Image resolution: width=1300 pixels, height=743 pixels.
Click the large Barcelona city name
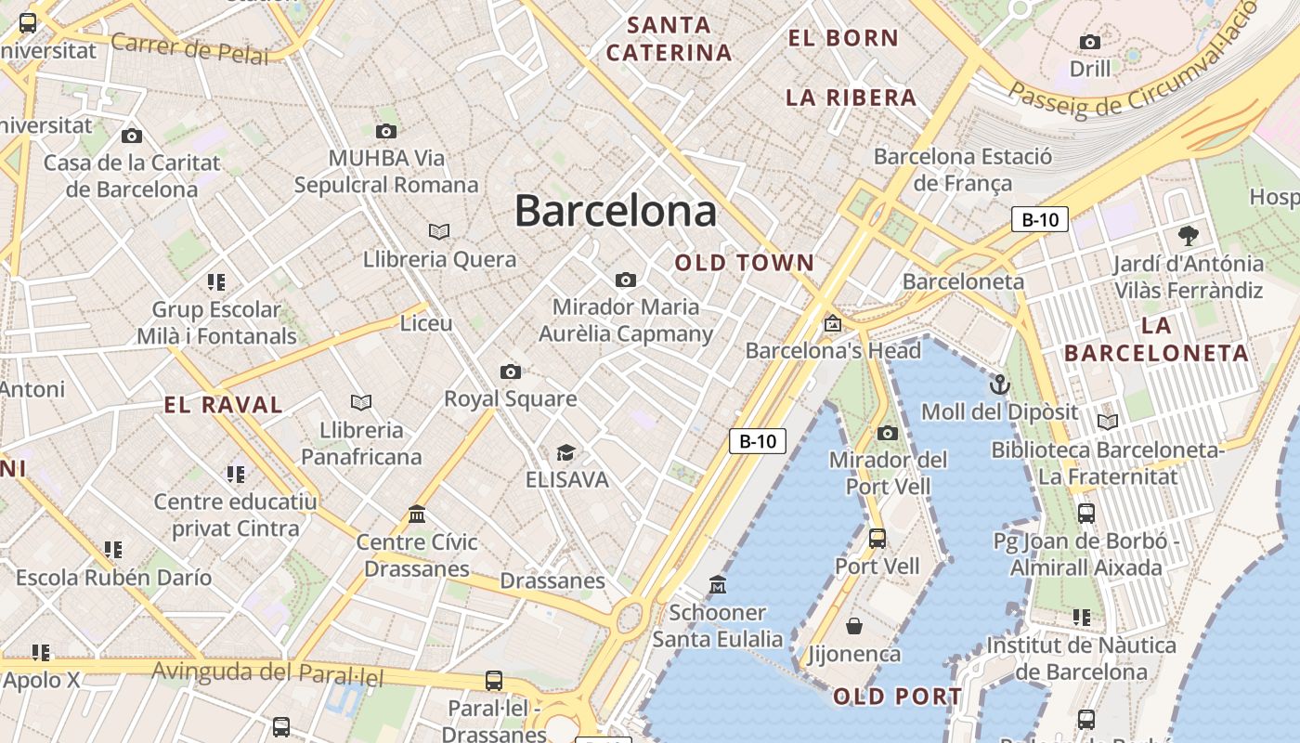click(616, 212)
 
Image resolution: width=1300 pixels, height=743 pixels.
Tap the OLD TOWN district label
click(745, 263)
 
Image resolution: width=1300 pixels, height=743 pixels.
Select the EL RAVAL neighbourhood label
click(224, 405)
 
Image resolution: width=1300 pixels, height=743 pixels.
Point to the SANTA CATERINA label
click(669, 39)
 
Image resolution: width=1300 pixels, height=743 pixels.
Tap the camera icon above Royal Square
click(510, 372)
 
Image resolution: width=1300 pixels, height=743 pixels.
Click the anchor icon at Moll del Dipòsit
click(999, 383)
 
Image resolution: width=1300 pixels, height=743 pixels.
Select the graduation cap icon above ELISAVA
click(565, 453)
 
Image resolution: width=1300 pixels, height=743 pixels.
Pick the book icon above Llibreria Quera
click(439, 231)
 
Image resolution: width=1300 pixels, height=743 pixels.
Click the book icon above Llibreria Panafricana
click(361, 402)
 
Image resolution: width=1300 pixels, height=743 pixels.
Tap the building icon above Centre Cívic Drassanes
click(417, 514)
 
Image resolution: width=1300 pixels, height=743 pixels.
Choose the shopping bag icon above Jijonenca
click(853, 626)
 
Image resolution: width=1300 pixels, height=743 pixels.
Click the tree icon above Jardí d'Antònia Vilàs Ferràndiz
click(1188, 235)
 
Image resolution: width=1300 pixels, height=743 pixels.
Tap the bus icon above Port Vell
click(877, 538)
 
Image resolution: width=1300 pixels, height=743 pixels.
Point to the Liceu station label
click(426, 323)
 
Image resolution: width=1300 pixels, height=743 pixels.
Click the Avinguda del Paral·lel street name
click(267, 672)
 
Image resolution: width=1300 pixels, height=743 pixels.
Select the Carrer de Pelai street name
click(189, 47)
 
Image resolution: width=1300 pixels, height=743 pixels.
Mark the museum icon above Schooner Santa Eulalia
click(717, 585)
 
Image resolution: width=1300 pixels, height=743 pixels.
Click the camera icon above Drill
click(1090, 42)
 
